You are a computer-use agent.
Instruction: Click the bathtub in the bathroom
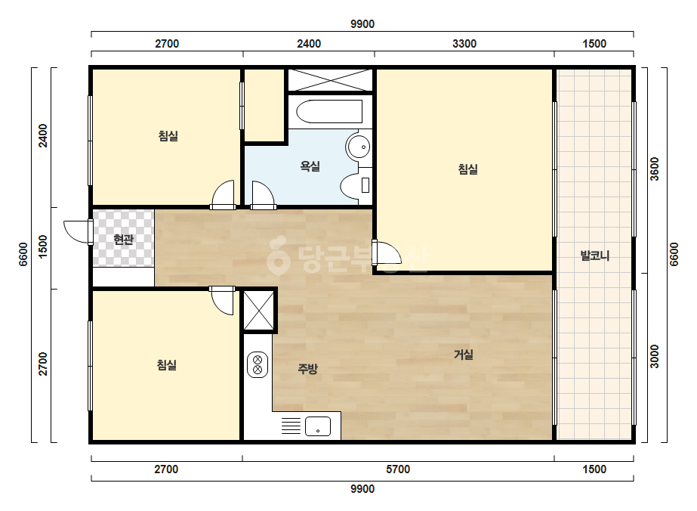coord(329,111)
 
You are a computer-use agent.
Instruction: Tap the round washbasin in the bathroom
coord(359,146)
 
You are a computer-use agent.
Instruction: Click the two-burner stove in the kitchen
coord(258,364)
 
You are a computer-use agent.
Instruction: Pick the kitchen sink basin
coord(318,426)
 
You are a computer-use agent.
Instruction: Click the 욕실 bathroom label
coord(310,166)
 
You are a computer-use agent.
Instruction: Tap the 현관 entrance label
coord(123,240)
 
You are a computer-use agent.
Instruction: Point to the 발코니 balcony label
coord(595,255)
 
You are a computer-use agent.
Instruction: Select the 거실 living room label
coord(463,355)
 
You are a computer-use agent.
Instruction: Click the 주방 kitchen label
coord(307,369)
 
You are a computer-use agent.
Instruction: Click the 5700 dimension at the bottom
coord(398,469)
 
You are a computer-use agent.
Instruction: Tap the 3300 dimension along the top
coord(464,44)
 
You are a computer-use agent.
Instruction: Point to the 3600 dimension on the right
coord(655,169)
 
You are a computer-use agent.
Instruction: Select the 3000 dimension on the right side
coord(655,357)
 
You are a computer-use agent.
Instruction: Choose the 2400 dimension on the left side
coord(43,135)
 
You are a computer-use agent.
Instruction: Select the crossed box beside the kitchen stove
coord(259,310)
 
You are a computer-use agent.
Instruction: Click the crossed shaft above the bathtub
coord(329,80)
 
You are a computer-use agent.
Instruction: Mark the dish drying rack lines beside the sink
coord(291,426)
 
